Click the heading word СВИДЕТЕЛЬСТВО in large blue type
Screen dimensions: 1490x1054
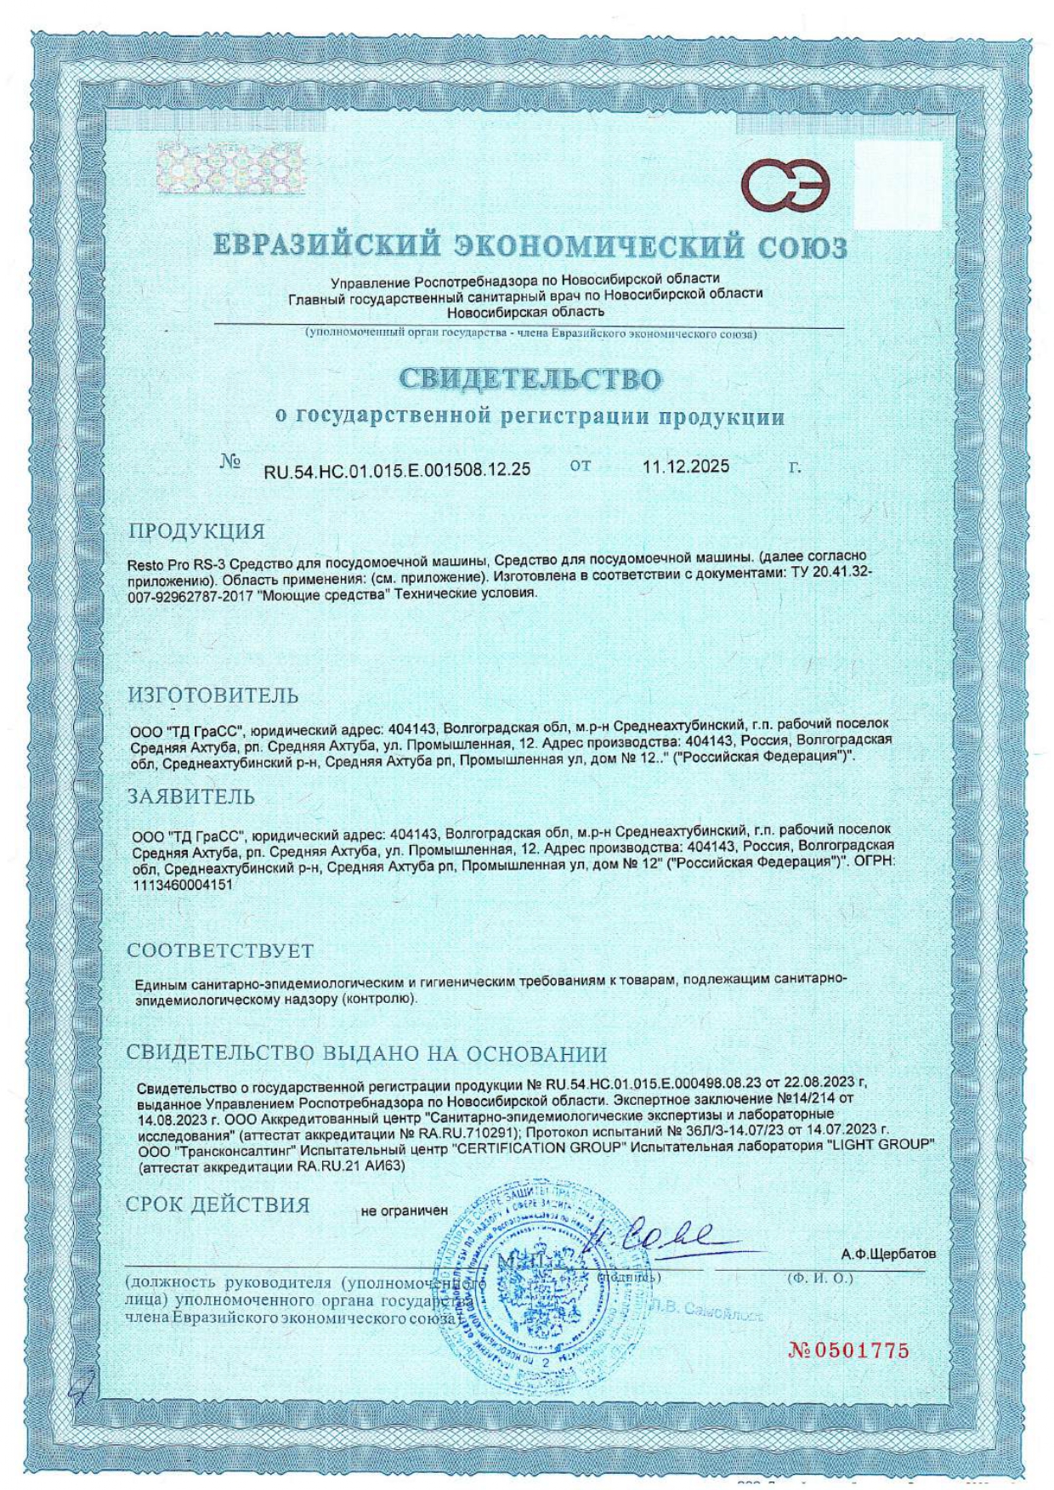pyautogui.click(x=530, y=379)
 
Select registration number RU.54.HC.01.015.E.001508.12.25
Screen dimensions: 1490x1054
pyautogui.click(x=397, y=470)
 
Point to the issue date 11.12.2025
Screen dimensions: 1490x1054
pyautogui.click(x=685, y=467)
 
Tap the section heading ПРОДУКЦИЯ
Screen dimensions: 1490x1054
pyautogui.click(x=196, y=532)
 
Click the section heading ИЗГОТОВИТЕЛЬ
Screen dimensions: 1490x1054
pyautogui.click(x=213, y=695)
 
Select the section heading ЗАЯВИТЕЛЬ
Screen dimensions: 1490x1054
pyautogui.click(x=191, y=796)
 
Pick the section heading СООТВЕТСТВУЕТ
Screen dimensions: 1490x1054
pyautogui.click(x=220, y=950)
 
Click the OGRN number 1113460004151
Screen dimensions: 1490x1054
pyautogui.click(x=183, y=885)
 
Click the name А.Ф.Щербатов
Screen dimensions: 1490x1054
pyautogui.click(x=888, y=1254)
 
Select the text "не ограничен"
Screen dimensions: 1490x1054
pyautogui.click(x=404, y=1210)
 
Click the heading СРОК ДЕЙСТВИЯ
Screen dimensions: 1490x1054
pyautogui.click(x=218, y=1205)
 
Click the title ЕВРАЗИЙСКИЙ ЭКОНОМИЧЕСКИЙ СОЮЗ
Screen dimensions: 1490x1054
pyautogui.click(x=530, y=246)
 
